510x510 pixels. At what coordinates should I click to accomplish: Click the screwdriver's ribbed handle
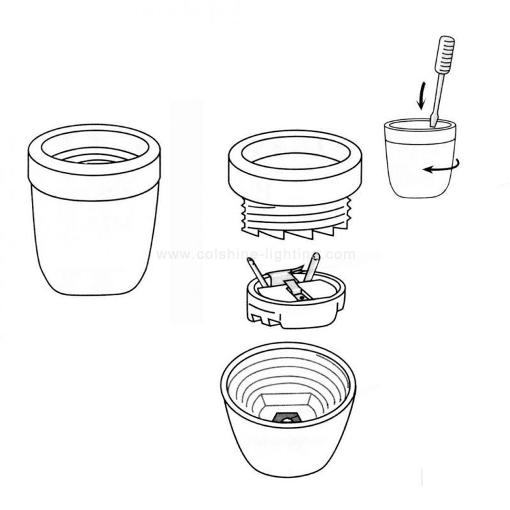coord(444,54)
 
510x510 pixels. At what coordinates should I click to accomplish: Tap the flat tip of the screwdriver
coord(433,121)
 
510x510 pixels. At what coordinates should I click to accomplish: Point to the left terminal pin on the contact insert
coord(257,272)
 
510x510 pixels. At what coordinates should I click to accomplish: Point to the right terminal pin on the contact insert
coord(312,267)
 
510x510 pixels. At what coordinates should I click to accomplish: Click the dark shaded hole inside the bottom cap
coord(286,418)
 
